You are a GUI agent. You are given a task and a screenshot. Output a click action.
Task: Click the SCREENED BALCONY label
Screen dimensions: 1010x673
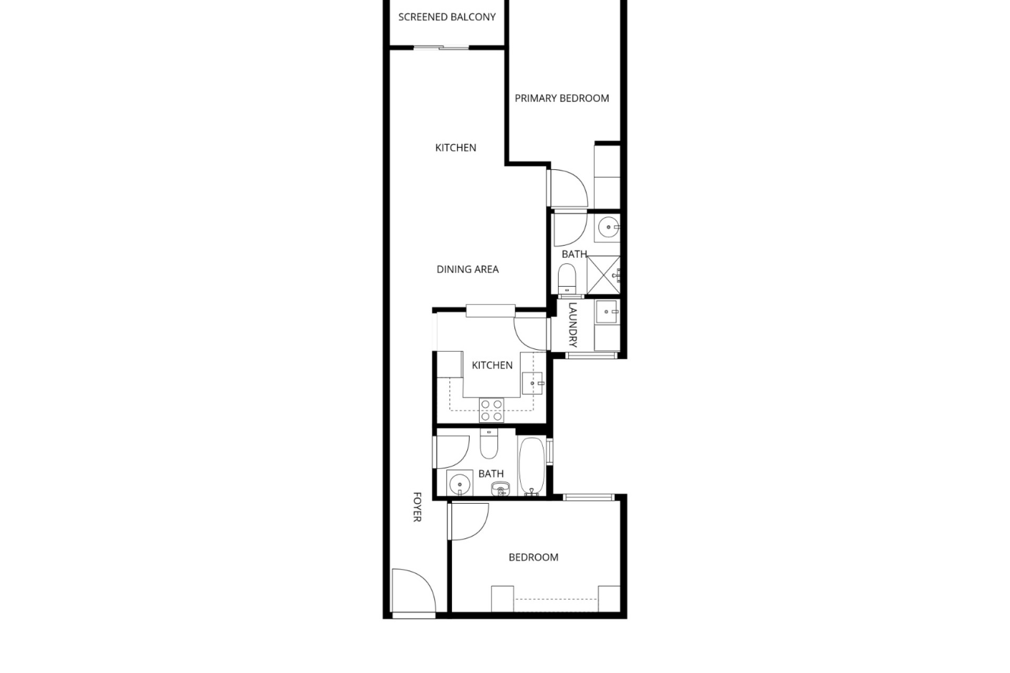(447, 17)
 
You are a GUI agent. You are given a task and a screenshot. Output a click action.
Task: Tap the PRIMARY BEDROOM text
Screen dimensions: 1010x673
(562, 98)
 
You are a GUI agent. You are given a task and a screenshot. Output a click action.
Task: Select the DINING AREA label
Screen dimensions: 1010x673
(468, 269)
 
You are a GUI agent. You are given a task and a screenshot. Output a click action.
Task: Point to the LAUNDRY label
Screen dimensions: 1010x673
(573, 325)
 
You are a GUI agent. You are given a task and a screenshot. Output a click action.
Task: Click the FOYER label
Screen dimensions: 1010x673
(417, 507)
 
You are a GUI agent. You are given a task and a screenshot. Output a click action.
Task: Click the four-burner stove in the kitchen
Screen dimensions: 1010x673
(491, 410)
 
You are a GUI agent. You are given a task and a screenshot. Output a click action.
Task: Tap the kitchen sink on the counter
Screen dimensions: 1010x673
(532, 383)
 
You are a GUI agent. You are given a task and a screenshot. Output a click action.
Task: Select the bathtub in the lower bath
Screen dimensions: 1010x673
(532, 466)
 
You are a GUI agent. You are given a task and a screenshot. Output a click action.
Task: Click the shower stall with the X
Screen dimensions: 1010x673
(603, 274)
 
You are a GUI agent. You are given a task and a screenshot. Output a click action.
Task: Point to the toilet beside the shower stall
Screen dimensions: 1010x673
(567, 279)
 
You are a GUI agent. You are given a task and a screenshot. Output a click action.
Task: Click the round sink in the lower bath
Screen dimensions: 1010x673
(460, 483)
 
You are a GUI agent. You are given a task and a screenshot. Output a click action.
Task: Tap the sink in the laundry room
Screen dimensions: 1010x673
(608, 312)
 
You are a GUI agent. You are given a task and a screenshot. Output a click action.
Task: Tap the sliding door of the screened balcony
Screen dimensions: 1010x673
(441, 48)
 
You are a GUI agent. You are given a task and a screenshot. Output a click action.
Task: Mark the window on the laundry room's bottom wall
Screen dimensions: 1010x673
(591, 355)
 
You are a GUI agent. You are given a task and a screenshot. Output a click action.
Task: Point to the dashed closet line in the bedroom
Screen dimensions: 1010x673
(557, 599)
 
